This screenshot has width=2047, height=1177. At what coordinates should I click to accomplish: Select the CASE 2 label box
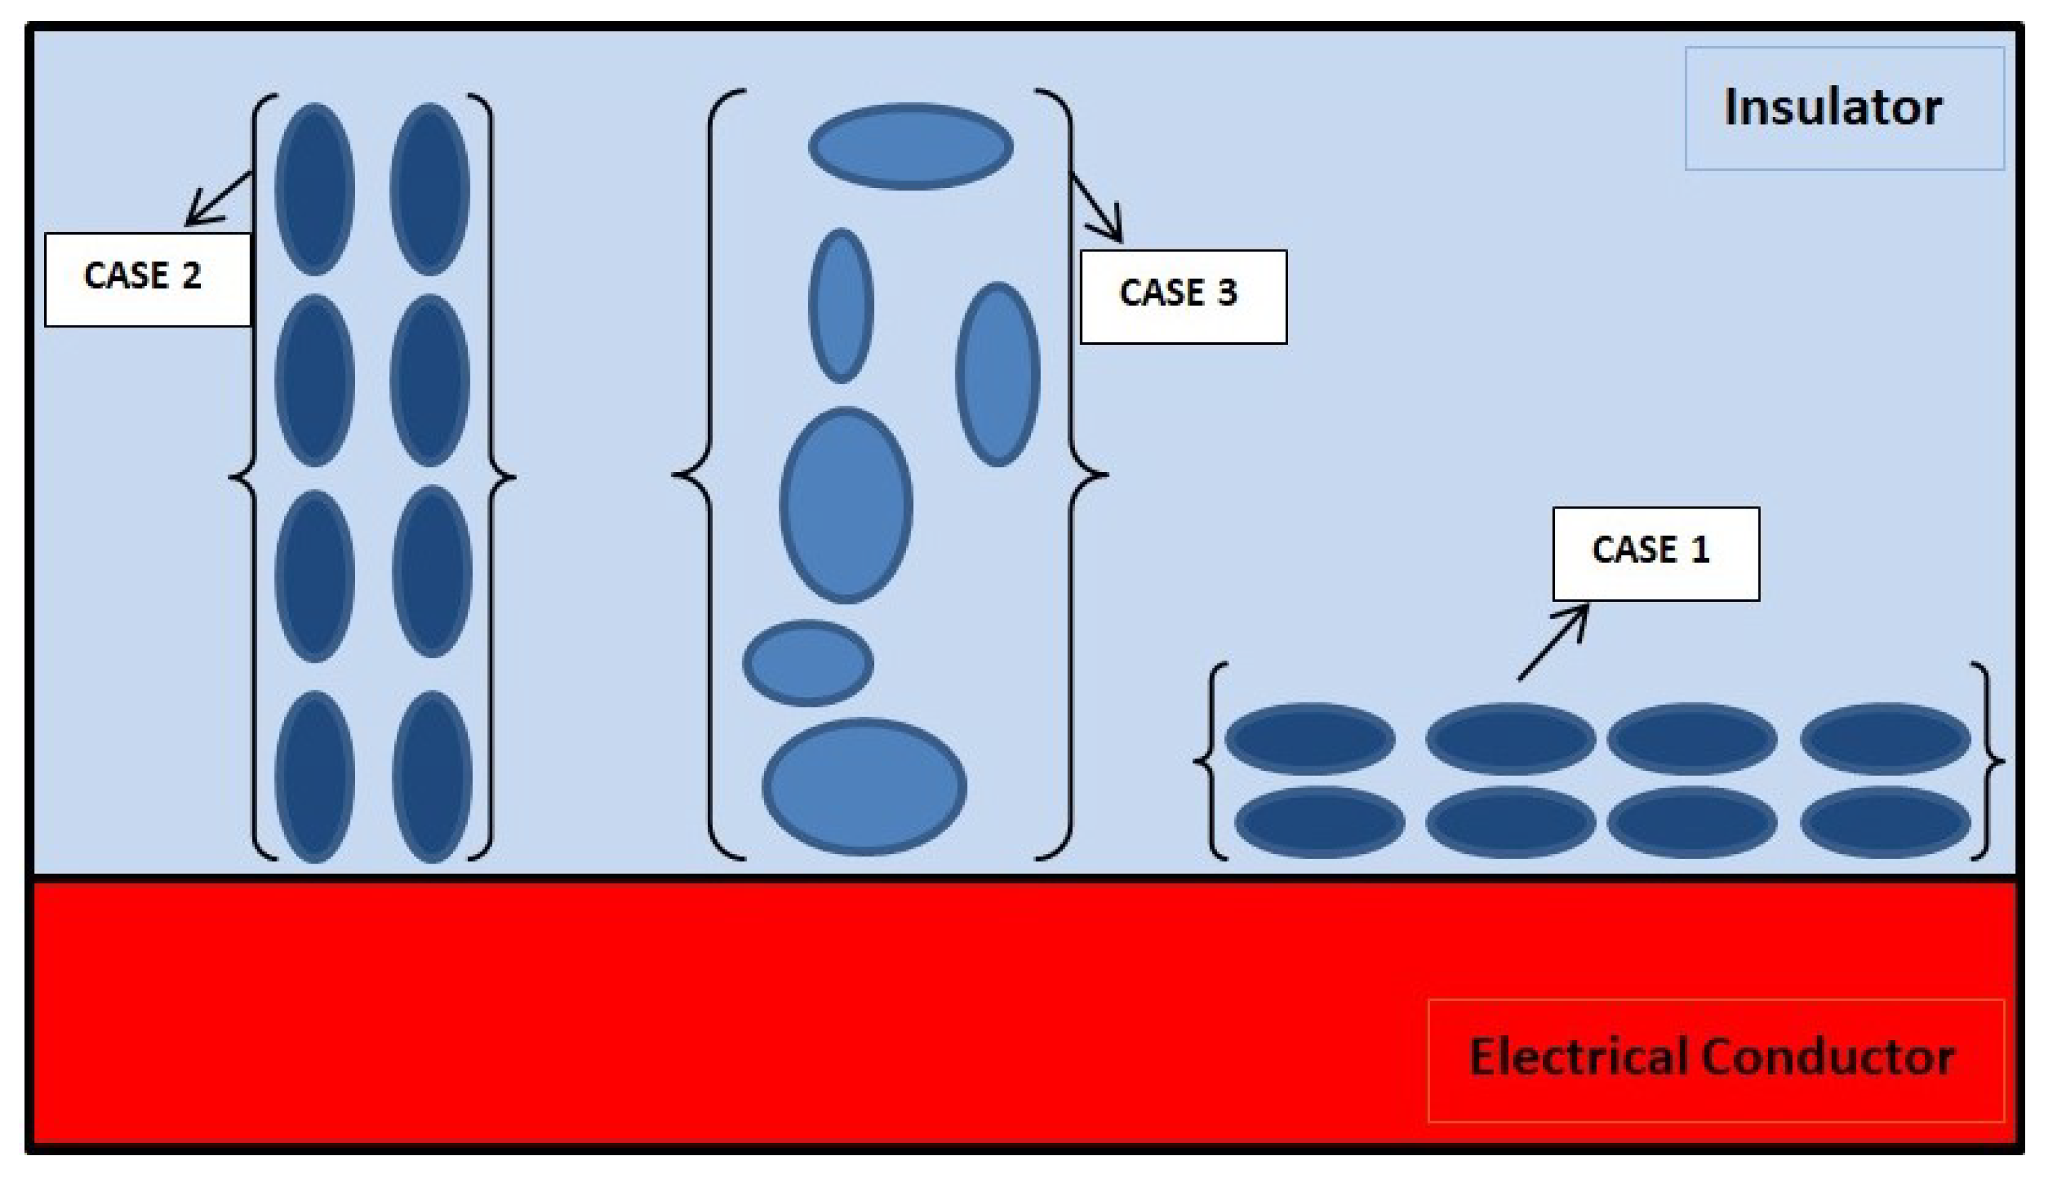[147, 280]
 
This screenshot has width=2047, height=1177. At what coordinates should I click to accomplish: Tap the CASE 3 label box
[1183, 297]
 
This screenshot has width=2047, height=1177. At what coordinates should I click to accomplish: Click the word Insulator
[1832, 107]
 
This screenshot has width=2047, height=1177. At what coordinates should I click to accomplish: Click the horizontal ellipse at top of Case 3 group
[911, 147]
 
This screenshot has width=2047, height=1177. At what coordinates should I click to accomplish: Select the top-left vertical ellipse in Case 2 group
[314, 189]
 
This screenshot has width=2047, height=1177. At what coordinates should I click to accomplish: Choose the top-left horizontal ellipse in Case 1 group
[1310, 738]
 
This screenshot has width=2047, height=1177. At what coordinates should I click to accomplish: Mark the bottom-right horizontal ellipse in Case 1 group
[1884, 822]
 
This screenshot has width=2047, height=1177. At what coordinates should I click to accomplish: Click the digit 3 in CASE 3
[1227, 292]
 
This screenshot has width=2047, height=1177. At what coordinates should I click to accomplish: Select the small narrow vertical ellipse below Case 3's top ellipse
[841, 306]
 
